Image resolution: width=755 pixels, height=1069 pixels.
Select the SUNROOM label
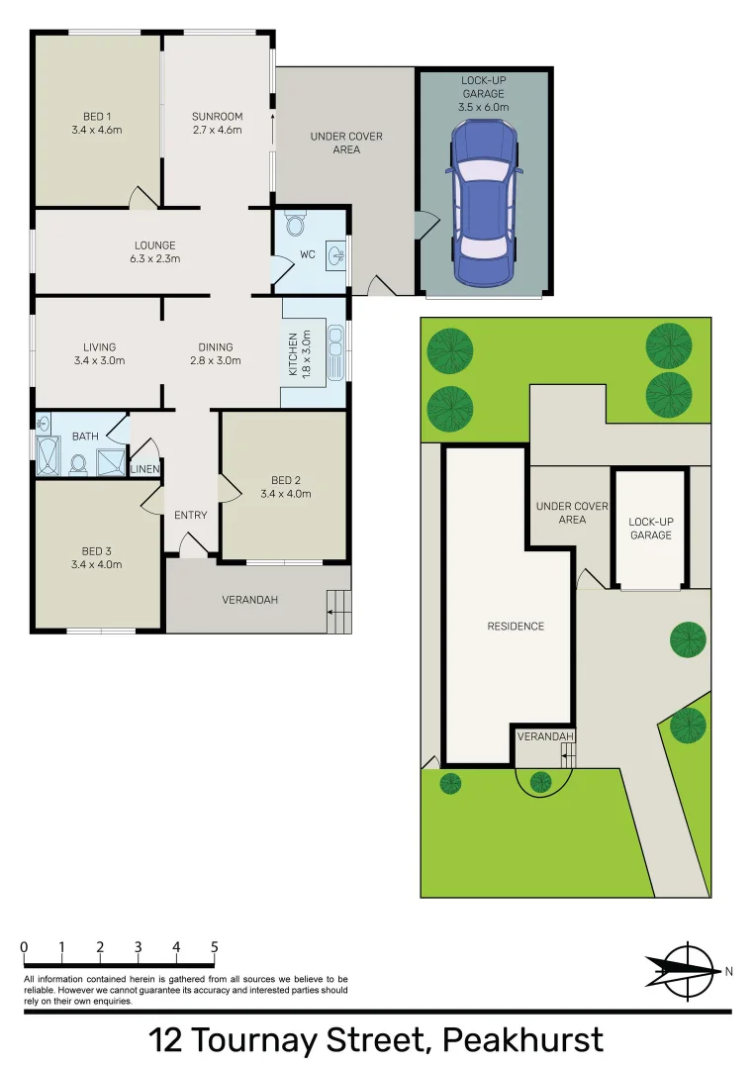[x=217, y=117]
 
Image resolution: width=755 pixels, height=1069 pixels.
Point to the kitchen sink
[x=336, y=354]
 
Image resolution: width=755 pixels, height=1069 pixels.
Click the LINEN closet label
[x=144, y=468]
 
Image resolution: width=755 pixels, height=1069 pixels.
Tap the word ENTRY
[x=190, y=515]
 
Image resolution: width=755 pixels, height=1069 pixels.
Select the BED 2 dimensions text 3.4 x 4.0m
[x=285, y=493]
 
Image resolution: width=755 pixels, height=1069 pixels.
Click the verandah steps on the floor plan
[x=338, y=611]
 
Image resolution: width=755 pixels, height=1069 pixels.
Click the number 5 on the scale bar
[x=215, y=947]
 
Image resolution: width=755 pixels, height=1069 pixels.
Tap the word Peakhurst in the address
[x=522, y=1040]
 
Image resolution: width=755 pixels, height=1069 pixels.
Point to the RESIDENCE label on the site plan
[x=516, y=626]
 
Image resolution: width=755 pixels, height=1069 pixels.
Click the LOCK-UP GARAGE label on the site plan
[x=649, y=529]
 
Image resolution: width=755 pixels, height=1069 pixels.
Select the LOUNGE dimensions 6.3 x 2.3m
[x=155, y=259]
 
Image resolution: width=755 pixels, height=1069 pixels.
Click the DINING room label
[x=215, y=347]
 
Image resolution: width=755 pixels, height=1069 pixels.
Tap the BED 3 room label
[x=96, y=552]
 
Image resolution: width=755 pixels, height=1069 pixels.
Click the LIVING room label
[x=99, y=347]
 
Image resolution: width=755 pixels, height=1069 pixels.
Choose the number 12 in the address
[x=166, y=1040]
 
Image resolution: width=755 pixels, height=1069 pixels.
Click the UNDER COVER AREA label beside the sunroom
[x=346, y=143]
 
